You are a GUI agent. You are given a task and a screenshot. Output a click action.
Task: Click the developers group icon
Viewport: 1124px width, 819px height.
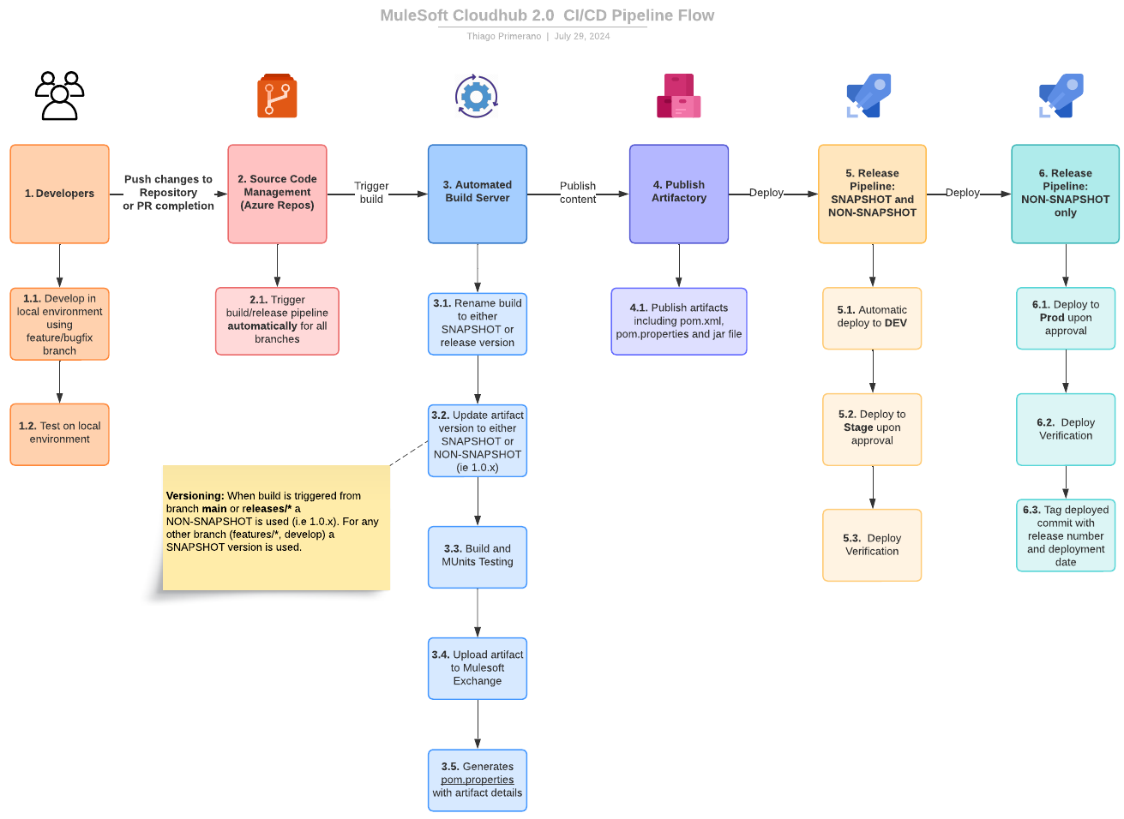pyautogui.click(x=59, y=95)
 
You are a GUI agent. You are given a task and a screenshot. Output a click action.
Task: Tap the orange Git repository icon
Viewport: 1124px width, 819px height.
pyautogui.click(x=277, y=96)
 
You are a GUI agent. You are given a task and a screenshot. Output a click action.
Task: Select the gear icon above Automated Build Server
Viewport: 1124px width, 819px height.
pyautogui.click(x=477, y=96)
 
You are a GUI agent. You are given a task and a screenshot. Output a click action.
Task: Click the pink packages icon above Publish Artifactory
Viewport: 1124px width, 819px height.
pyautogui.click(x=678, y=96)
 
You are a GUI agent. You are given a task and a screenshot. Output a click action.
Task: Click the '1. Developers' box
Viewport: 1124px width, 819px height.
pyautogui.click(x=59, y=194)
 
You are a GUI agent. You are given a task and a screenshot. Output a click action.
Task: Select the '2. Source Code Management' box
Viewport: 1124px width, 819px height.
pyautogui.click(x=277, y=194)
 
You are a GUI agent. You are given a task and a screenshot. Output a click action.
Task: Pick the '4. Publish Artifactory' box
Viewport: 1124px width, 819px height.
pyautogui.click(x=678, y=194)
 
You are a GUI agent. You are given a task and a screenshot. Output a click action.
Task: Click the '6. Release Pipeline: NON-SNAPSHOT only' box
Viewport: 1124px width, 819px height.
pyautogui.click(x=1065, y=194)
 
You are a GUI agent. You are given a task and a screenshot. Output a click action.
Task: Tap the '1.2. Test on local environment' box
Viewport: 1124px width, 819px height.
pyautogui.click(x=59, y=433)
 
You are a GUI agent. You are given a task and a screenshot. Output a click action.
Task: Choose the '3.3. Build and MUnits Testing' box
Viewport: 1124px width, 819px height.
pyautogui.click(x=478, y=557)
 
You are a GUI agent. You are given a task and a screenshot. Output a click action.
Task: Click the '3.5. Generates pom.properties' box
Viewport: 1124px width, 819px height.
pyautogui.click(x=478, y=780)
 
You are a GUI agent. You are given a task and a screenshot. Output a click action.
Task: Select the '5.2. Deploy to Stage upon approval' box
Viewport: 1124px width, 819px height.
pyautogui.click(x=872, y=429)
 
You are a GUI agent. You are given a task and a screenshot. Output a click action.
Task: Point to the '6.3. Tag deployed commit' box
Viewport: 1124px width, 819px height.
pyautogui.click(x=1066, y=535)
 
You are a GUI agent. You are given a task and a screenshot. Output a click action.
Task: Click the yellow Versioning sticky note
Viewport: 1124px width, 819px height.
pyautogui.click(x=276, y=528)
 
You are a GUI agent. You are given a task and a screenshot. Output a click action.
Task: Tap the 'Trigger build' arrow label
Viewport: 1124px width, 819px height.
pyautogui.click(x=371, y=193)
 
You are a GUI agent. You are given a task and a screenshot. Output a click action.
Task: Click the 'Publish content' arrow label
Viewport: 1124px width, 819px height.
pyautogui.click(x=577, y=193)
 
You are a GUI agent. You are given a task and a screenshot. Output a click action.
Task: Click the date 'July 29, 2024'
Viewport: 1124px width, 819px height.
pyautogui.click(x=582, y=36)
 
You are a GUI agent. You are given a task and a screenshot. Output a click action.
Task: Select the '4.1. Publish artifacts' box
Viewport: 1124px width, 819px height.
pyautogui.click(x=678, y=321)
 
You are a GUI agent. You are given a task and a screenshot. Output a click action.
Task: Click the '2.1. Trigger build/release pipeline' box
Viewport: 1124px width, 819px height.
pyautogui.click(x=277, y=320)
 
